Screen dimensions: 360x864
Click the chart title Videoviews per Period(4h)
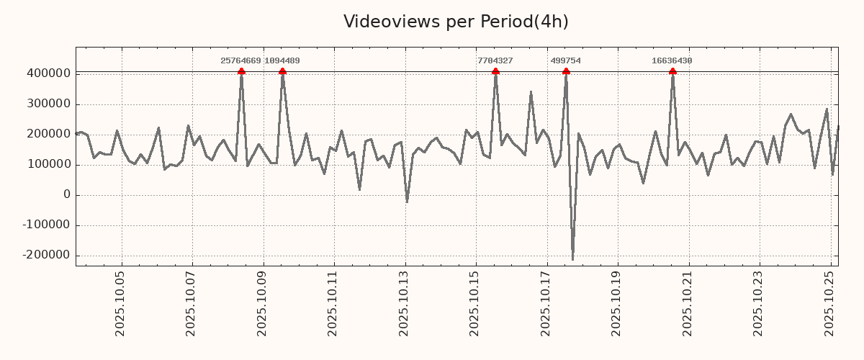[456, 22]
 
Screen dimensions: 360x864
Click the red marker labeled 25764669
[241, 71]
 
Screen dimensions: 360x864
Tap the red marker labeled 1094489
[282, 71]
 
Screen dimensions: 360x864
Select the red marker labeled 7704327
[495, 71]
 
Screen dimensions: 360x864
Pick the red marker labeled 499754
[566, 71]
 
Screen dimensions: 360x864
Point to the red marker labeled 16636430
[672, 71]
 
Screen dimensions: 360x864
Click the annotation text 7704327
[495, 61]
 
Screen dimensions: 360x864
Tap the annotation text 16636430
[672, 61]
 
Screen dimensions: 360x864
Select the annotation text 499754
[566, 61]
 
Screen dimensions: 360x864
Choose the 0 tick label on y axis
[67, 195]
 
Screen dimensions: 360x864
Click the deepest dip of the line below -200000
[572, 259]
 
